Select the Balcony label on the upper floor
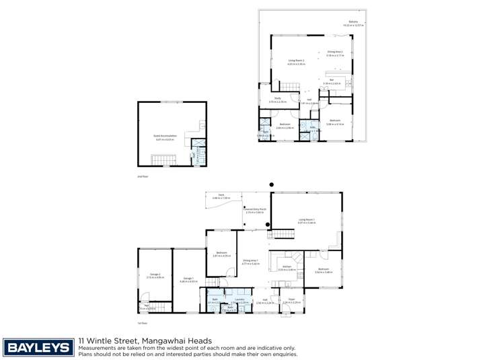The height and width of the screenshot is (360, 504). tap(353, 23)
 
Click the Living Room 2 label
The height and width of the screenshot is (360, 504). tap(297, 61)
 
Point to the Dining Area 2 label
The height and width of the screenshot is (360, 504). tap(335, 52)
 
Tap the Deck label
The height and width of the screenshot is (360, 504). tap(221, 196)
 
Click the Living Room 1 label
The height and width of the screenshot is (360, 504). tap(307, 221)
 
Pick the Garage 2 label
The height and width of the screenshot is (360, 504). tap(155, 275)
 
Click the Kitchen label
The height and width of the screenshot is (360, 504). tap(287, 268)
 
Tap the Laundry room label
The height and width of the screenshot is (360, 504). tap(235, 300)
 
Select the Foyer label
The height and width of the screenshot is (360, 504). tap(291, 300)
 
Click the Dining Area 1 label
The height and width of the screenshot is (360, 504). tap(251, 261)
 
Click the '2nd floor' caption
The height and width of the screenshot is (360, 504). tap(141, 176)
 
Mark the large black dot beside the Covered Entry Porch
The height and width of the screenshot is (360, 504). tap(267, 224)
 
